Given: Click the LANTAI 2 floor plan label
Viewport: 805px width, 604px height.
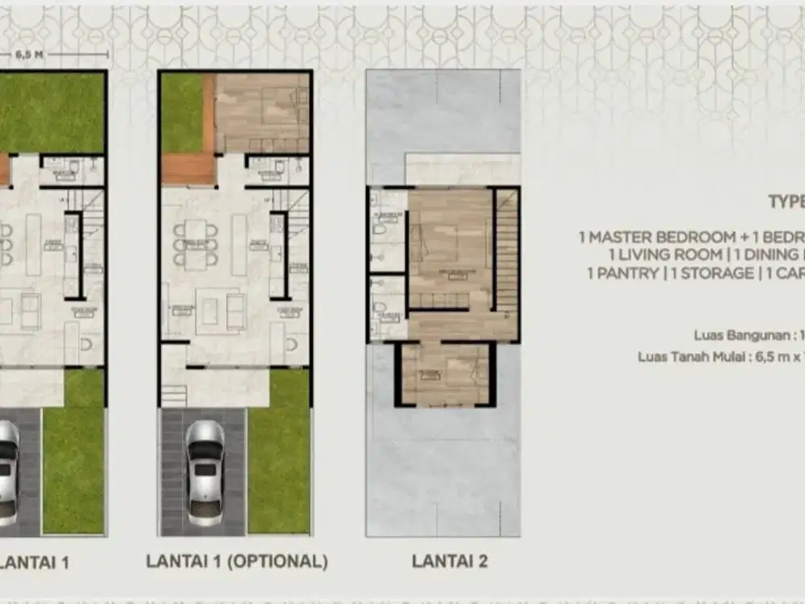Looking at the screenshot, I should click(449, 561).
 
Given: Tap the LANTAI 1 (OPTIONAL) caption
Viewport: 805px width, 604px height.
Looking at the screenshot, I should click(237, 561).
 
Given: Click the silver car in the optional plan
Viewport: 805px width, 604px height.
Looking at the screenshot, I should click(204, 472).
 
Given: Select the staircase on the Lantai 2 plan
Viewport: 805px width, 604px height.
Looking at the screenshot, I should click(505, 250).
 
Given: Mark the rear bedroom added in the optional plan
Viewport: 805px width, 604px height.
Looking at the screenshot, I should click(262, 113).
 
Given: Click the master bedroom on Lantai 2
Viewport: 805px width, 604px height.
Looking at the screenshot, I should click(449, 250).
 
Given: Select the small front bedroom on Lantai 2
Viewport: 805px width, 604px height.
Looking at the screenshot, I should click(444, 372).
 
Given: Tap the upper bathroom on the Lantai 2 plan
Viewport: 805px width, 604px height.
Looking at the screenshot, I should click(388, 230).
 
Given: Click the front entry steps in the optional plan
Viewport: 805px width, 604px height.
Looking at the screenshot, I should click(174, 395).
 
